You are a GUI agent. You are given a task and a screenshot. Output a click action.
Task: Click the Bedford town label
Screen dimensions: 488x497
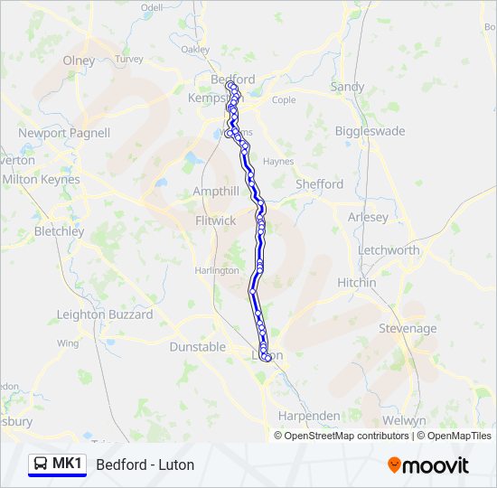233,79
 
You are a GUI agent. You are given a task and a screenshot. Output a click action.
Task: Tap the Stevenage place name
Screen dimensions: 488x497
407,328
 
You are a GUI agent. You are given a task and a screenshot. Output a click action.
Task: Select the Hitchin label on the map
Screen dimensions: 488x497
356,283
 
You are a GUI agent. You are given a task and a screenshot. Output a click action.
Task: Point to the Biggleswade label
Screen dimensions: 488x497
370,131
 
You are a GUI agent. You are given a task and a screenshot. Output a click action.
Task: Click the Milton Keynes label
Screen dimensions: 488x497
41,179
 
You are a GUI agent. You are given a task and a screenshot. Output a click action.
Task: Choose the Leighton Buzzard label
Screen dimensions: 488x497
105,314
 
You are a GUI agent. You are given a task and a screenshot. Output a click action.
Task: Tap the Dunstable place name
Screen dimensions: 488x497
198,346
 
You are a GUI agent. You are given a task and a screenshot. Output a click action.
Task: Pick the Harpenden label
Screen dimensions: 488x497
309,416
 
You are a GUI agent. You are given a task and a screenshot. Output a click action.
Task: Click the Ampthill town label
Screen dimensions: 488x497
216,192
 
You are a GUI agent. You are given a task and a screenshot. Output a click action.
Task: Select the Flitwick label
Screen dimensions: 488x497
215,221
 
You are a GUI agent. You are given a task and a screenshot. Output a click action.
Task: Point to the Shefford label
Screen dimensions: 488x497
319,183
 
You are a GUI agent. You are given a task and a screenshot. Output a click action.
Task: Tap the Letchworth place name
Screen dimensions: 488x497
389,249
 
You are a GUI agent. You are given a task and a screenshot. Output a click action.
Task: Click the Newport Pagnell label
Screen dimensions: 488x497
64,133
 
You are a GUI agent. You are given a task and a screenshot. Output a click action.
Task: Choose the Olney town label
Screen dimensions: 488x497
79,61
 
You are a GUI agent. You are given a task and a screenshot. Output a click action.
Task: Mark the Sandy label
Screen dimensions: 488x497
347,87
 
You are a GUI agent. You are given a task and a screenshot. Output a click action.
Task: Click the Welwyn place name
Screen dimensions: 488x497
404,421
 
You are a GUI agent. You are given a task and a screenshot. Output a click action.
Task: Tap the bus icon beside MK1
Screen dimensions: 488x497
41,465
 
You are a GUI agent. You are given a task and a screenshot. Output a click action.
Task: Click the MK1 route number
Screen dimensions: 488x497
67,465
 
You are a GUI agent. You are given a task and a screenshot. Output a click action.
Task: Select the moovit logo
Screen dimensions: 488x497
428,465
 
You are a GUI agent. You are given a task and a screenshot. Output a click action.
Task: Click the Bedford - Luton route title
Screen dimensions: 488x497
145,465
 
